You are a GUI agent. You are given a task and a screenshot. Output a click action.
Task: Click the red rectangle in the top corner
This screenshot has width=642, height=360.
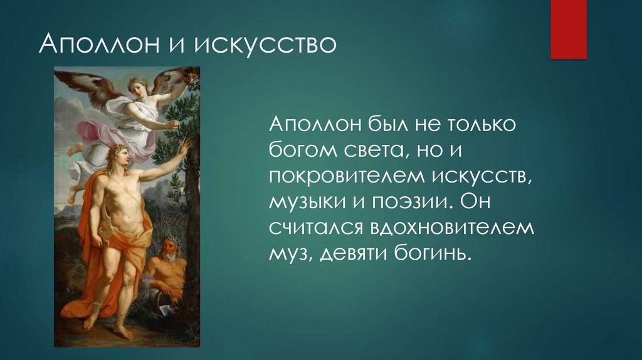click(568, 29)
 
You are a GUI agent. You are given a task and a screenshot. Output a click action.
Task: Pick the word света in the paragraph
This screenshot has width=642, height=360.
click(374, 151)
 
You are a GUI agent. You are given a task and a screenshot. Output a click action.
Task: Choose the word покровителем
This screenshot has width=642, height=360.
click(345, 177)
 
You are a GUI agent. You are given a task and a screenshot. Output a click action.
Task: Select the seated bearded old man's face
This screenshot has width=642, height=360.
click(167, 250)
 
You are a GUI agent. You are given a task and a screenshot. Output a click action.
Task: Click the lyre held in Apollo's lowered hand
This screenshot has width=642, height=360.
click(103, 238)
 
